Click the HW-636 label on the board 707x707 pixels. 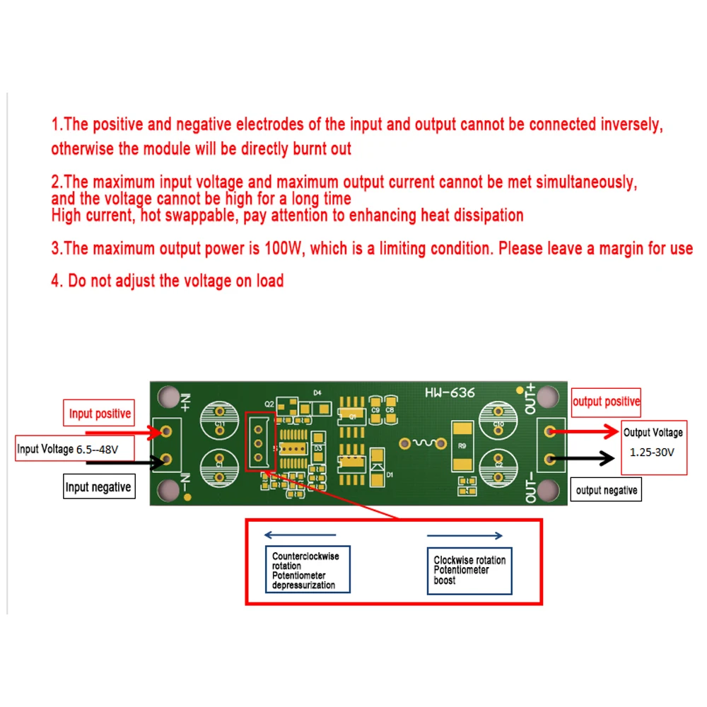[450, 392]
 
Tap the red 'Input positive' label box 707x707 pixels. [100, 414]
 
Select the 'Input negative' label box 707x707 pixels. [98, 486]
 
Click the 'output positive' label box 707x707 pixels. [606, 402]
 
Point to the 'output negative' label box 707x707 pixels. [606, 490]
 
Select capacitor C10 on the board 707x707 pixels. [499, 422]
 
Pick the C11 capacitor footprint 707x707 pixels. [221, 422]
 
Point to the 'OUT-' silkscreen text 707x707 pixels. [532, 489]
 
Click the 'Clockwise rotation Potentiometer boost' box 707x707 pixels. [469, 570]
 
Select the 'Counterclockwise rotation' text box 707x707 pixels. [308, 571]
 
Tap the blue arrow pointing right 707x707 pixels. [466, 536]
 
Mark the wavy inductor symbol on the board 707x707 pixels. [423, 443]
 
